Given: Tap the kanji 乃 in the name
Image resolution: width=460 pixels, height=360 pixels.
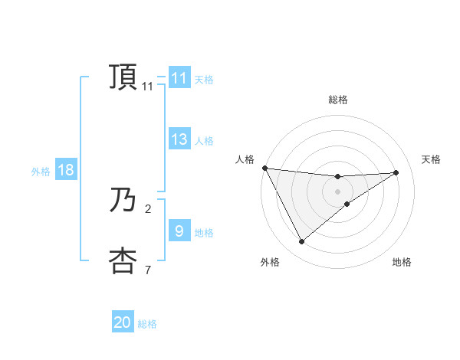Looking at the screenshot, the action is tap(123, 201).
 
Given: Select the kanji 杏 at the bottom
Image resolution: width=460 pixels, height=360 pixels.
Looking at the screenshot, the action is tap(123, 260).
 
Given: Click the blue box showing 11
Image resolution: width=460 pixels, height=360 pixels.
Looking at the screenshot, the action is tap(179, 78).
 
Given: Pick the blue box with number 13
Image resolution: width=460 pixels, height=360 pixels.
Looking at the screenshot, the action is tap(179, 139).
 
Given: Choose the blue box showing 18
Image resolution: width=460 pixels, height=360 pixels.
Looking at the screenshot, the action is tap(66, 170).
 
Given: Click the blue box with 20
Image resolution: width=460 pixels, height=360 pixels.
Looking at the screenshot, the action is tap(123, 322).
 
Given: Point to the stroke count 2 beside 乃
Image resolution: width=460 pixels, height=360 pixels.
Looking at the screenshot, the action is tap(148, 208).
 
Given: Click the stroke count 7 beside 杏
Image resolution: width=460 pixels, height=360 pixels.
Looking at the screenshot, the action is tap(148, 270).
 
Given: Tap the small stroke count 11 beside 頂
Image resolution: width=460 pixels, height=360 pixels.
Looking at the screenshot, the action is tap(148, 87).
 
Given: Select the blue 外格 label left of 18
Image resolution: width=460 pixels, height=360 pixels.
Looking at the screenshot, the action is tap(41, 172).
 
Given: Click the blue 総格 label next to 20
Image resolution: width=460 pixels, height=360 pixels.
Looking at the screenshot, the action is tap(147, 324).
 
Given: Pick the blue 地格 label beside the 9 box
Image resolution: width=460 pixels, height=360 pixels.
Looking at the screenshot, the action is tap(204, 232).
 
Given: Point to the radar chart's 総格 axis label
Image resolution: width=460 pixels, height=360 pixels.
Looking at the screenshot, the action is tap(337, 100).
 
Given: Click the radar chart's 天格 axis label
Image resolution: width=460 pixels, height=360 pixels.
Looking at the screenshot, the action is tap(432, 159).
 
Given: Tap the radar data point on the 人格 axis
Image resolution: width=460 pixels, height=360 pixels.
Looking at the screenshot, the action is tap(264, 168).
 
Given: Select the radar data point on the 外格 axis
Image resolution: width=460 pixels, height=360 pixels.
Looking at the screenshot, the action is tap(301, 242).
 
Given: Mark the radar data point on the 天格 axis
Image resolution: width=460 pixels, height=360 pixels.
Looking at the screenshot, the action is tap(396, 172).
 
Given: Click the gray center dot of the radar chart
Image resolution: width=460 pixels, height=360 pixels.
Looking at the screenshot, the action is tap(337, 191).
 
